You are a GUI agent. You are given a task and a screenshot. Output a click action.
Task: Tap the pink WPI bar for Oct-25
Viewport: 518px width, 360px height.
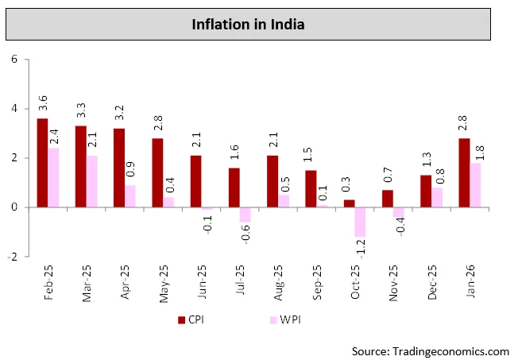(361, 222)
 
